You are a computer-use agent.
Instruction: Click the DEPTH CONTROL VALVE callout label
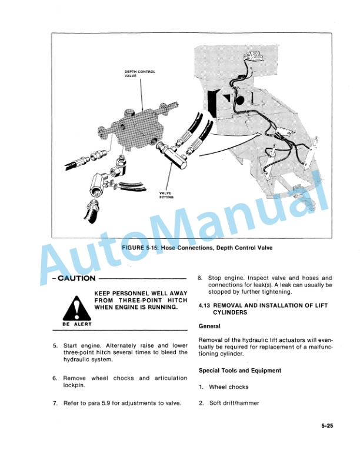tap(139, 74)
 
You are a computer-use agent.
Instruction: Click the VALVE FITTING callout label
tap(166, 195)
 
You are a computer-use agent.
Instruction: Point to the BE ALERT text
tap(76, 324)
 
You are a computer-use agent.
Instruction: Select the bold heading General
tap(209, 326)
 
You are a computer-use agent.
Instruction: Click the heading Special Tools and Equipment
tap(239, 371)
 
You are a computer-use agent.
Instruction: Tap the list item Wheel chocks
tap(229, 387)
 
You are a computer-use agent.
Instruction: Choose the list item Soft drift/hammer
tap(234, 403)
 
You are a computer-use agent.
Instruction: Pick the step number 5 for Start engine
tap(55, 345)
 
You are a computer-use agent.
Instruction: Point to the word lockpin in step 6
tap(74, 385)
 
